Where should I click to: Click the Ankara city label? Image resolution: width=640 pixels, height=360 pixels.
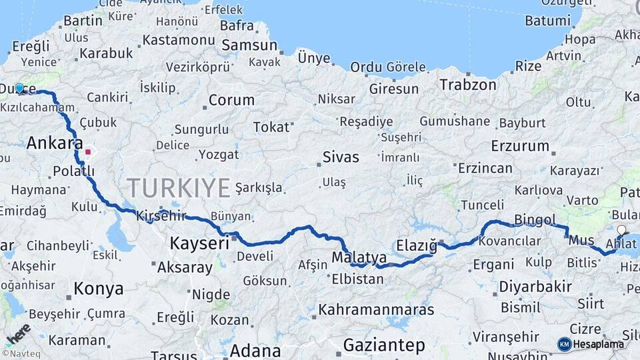pos(55,143)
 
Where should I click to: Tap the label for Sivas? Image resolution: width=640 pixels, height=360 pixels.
pos(340,157)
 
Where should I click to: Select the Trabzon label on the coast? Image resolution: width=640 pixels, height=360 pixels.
pos(467,85)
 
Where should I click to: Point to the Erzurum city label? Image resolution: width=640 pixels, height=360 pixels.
pos(520,145)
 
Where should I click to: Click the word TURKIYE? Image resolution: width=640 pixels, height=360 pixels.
pos(178,188)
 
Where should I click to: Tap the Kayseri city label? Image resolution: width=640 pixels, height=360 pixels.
pos(199,243)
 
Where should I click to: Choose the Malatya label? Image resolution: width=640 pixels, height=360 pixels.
pos(359,257)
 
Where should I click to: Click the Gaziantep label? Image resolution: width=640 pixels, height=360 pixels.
pos(384,345)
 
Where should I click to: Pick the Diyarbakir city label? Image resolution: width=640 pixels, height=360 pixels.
pos(535,287)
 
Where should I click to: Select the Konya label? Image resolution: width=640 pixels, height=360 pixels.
pos(98,289)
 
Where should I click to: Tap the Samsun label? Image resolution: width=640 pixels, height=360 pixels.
pos(249,45)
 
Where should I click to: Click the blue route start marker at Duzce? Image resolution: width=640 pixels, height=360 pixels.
pos(19,88)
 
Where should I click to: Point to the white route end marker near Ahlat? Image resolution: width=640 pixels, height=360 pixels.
pos(621,231)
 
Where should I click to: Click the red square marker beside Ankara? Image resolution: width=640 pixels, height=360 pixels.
pos(87,152)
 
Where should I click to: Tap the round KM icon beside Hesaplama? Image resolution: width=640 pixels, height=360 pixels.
pos(564,344)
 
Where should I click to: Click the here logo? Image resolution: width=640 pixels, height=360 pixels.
pos(17,333)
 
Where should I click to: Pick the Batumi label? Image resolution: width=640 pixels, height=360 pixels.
pos(548,21)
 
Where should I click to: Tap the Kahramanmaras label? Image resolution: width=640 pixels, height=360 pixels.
pos(376,310)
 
